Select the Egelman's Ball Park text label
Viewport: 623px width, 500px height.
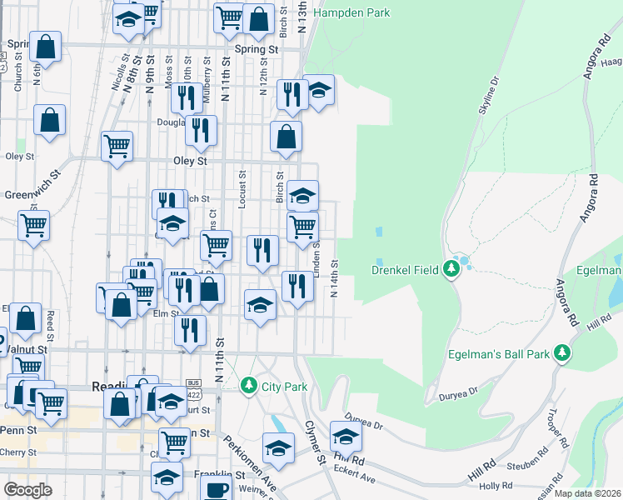click(x=503, y=354)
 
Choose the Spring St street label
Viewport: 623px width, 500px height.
click(x=256, y=50)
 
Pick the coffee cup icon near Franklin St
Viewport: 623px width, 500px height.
click(x=217, y=490)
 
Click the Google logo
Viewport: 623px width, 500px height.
click(x=27, y=490)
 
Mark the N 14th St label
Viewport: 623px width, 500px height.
click(x=334, y=278)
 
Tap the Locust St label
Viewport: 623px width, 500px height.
click(x=242, y=190)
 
